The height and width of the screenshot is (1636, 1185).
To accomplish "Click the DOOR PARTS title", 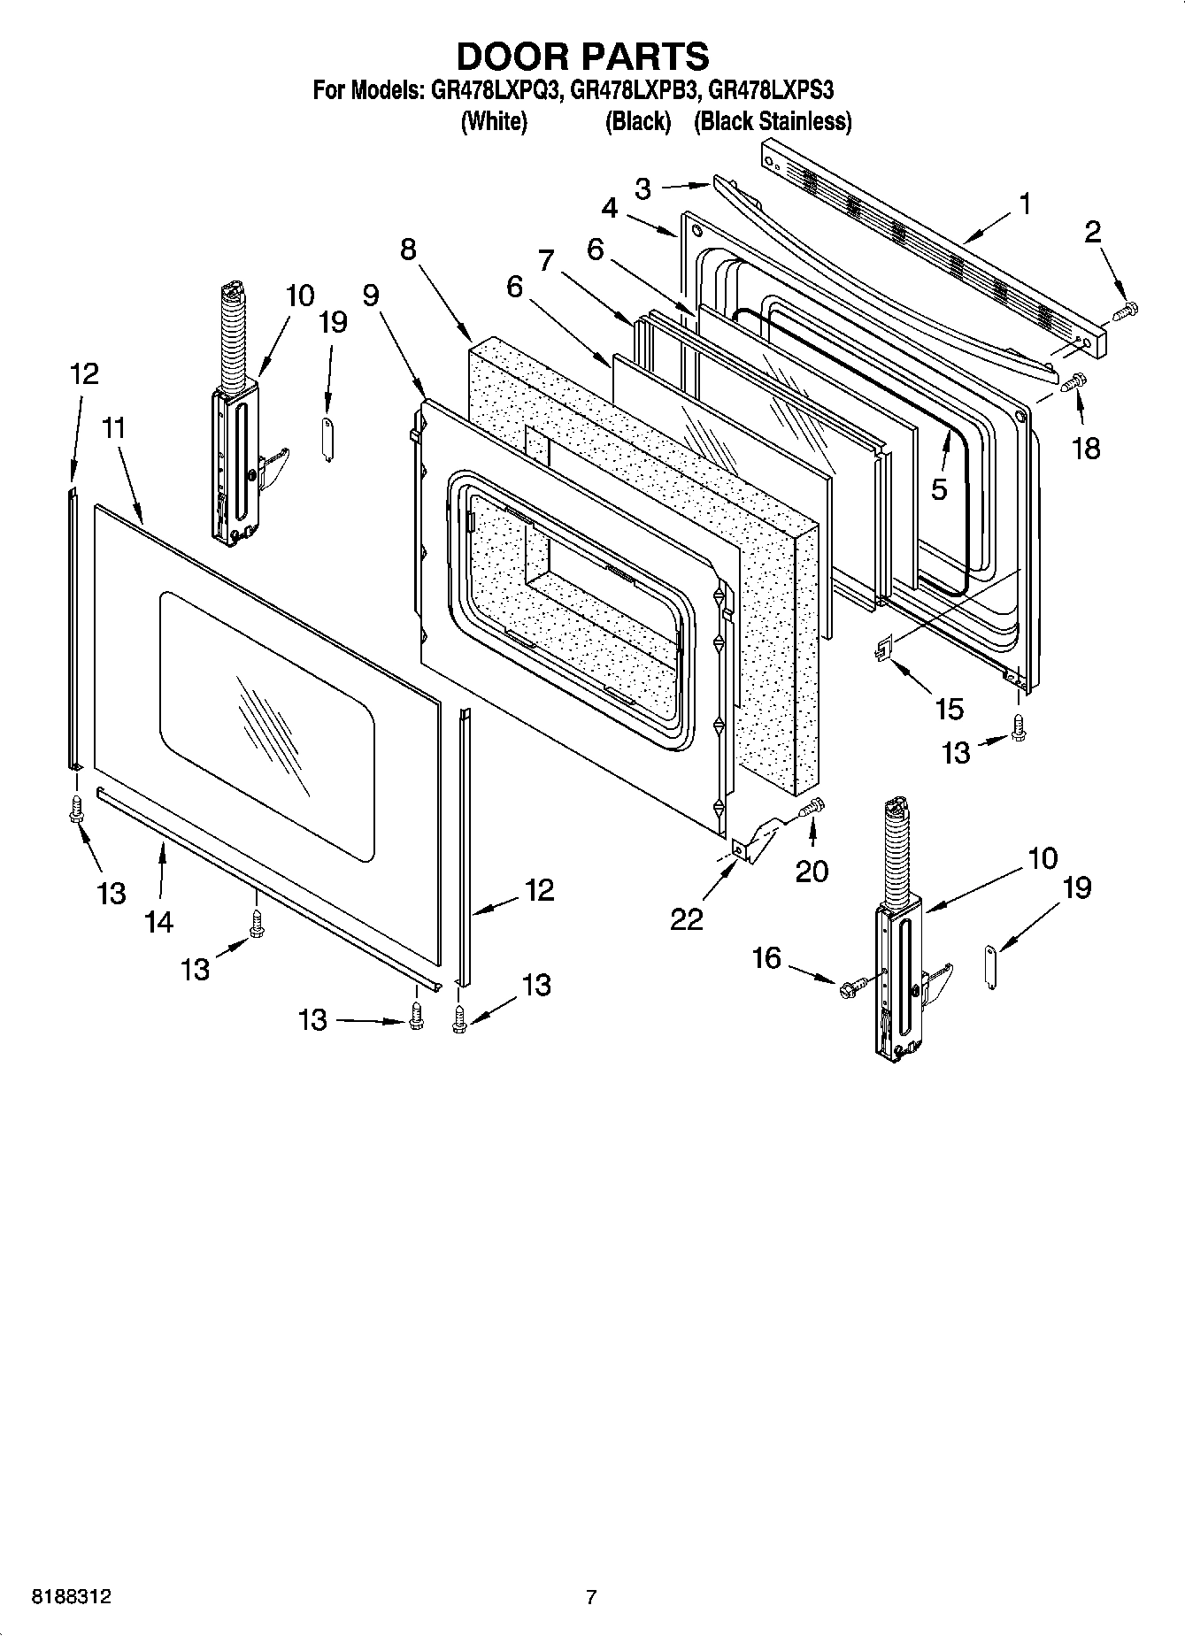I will pos(582,56).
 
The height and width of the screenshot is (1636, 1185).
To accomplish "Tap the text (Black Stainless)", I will pos(773,121).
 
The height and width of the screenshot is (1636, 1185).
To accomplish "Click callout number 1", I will pos(1024,204).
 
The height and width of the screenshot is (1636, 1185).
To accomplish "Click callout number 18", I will pos(1086,448).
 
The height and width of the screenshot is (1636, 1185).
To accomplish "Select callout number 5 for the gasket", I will pos(939,488).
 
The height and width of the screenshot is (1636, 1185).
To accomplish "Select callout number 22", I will pos(687,918).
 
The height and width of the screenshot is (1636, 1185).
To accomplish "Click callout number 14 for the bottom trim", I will pos(158,922).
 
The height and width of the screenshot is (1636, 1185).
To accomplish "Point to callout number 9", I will pos(371,296).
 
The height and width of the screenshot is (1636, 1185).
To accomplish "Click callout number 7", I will pos(546,260).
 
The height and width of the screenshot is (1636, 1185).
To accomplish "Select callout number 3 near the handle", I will pos(643,188).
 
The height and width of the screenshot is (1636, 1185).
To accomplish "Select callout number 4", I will pos(610,208).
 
